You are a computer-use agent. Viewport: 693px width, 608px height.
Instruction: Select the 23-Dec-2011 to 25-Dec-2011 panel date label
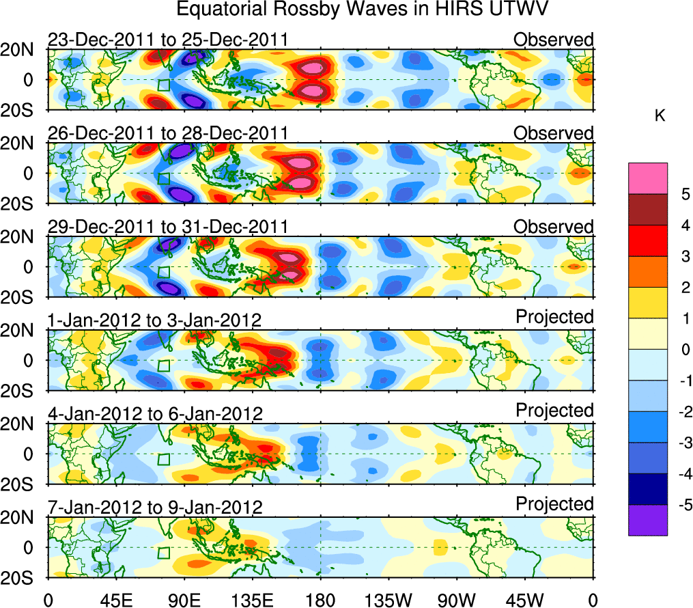tap(168, 40)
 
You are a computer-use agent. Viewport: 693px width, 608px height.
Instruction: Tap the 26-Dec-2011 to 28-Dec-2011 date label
tap(168, 134)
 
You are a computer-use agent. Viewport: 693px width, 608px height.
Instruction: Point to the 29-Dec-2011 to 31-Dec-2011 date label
tap(168, 227)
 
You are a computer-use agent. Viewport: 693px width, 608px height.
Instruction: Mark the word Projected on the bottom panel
tap(554, 505)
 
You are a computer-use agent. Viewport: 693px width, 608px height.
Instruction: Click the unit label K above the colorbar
tap(660, 116)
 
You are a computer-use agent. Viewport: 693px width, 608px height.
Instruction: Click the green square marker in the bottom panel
tap(162, 553)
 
